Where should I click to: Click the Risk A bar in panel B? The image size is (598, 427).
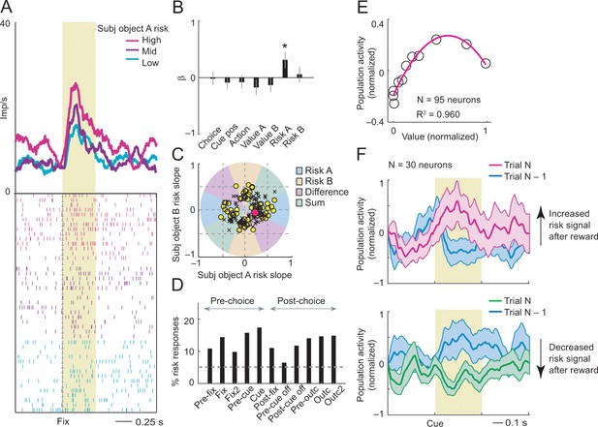(285, 69)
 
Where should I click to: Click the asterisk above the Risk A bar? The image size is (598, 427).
(284, 46)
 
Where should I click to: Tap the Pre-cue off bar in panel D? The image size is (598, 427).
(284, 373)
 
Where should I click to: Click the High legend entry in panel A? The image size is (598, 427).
(140, 40)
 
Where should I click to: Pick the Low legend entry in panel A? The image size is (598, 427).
(140, 63)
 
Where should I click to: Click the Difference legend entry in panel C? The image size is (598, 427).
(323, 192)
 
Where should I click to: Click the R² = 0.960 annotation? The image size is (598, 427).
(438, 114)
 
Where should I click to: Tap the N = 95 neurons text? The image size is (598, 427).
(449, 100)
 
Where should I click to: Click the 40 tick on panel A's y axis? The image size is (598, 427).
(6, 23)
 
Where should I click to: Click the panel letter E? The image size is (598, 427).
(362, 7)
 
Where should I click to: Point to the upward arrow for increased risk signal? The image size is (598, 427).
(540, 225)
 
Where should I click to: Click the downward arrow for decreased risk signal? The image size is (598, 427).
(541, 359)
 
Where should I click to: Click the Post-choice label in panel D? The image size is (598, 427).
(301, 301)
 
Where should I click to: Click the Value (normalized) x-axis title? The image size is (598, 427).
(440, 136)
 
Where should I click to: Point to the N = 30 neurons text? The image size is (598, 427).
(419, 165)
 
